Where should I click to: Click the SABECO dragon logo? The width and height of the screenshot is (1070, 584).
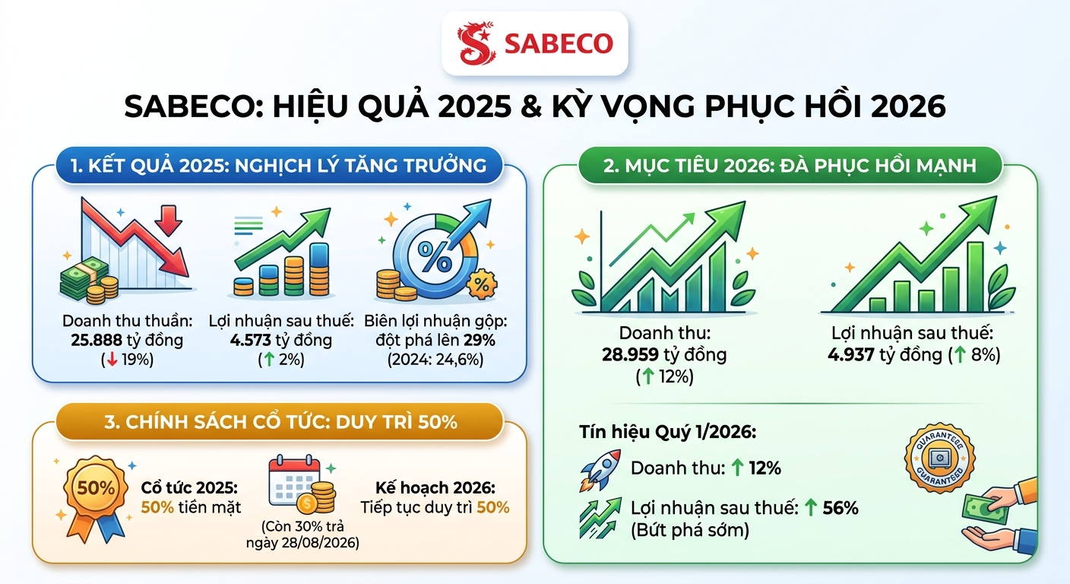point(476,44)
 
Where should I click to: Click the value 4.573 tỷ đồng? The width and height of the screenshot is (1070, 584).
point(280,340)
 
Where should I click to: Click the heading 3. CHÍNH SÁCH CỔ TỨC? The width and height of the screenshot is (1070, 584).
point(280,421)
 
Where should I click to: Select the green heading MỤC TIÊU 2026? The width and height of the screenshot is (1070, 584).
point(789,165)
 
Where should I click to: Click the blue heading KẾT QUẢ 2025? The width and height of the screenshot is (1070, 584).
point(279,165)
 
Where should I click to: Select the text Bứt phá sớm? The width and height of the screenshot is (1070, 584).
point(689,530)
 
